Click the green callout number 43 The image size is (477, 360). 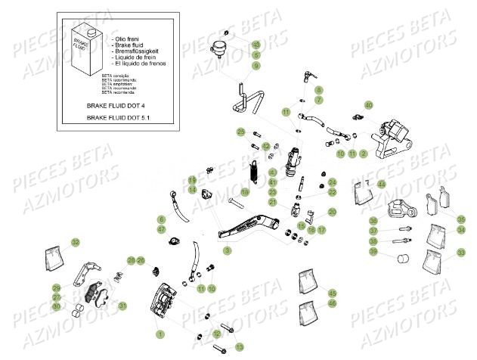tap(256, 45)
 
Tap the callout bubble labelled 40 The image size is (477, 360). tap(369, 104)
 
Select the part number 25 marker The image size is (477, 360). tap(240, 132)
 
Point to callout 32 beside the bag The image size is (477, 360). tap(75, 242)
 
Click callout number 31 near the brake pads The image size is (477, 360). tap(123, 306)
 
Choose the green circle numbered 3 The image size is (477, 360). tap(227, 250)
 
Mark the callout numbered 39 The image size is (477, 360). tap(373, 252)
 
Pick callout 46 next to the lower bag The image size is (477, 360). tap(332, 303)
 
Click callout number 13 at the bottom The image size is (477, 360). tap(238, 346)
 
